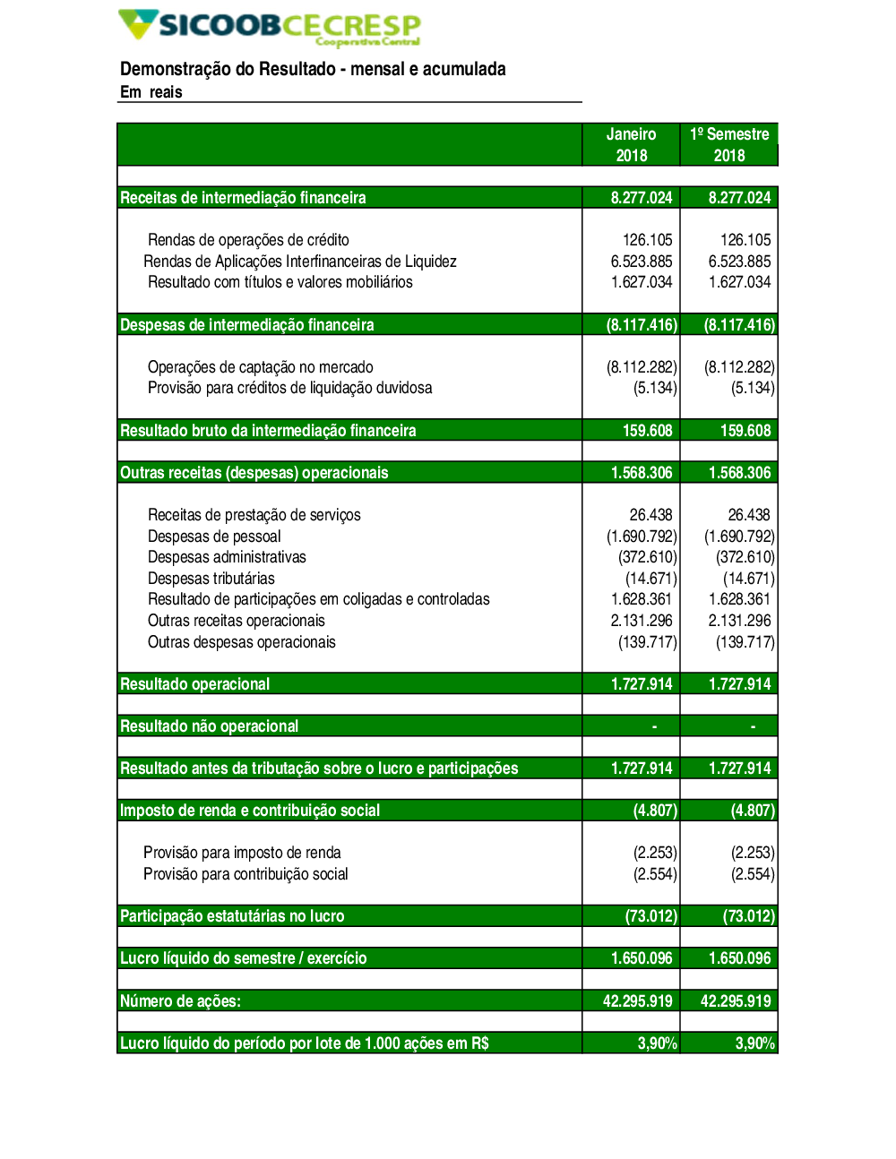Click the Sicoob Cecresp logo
pos(269,27)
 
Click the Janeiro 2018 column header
pos(631,144)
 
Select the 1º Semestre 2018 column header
pos(729,144)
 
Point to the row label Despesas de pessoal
pos(214,537)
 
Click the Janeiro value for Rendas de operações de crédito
pos(647,240)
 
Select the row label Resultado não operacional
pos(210,726)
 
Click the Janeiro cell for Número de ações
pos(637,1001)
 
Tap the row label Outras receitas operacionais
pos(237,621)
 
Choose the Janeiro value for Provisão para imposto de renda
pos(655,853)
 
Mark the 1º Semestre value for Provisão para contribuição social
pos(753,874)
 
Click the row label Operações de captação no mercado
pos(261,367)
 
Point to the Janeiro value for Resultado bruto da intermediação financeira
pos(647,431)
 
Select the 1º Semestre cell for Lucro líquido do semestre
pos(739,958)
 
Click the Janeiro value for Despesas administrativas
pos(647,557)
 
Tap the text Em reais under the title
pos(151,92)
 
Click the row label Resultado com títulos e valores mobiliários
pos(280,282)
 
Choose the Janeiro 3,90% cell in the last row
pos(657,1043)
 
